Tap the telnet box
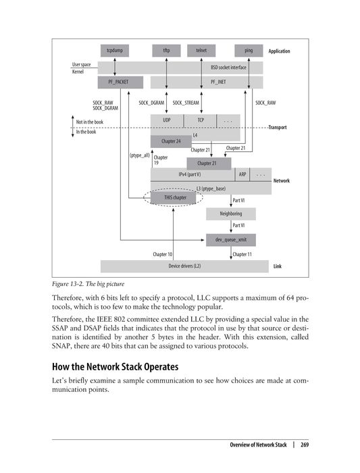(x=201, y=51)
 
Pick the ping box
(x=249, y=51)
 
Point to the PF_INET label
(x=217, y=82)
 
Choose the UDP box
(x=167, y=120)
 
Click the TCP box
(x=201, y=120)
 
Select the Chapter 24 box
(x=171, y=141)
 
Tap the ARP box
(x=242, y=174)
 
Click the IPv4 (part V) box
(x=189, y=174)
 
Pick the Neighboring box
(x=231, y=214)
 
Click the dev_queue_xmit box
(x=231, y=240)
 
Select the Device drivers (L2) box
(x=184, y=266)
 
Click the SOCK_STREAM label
(x=186, y=102)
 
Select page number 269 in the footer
(x=305, y=445)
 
